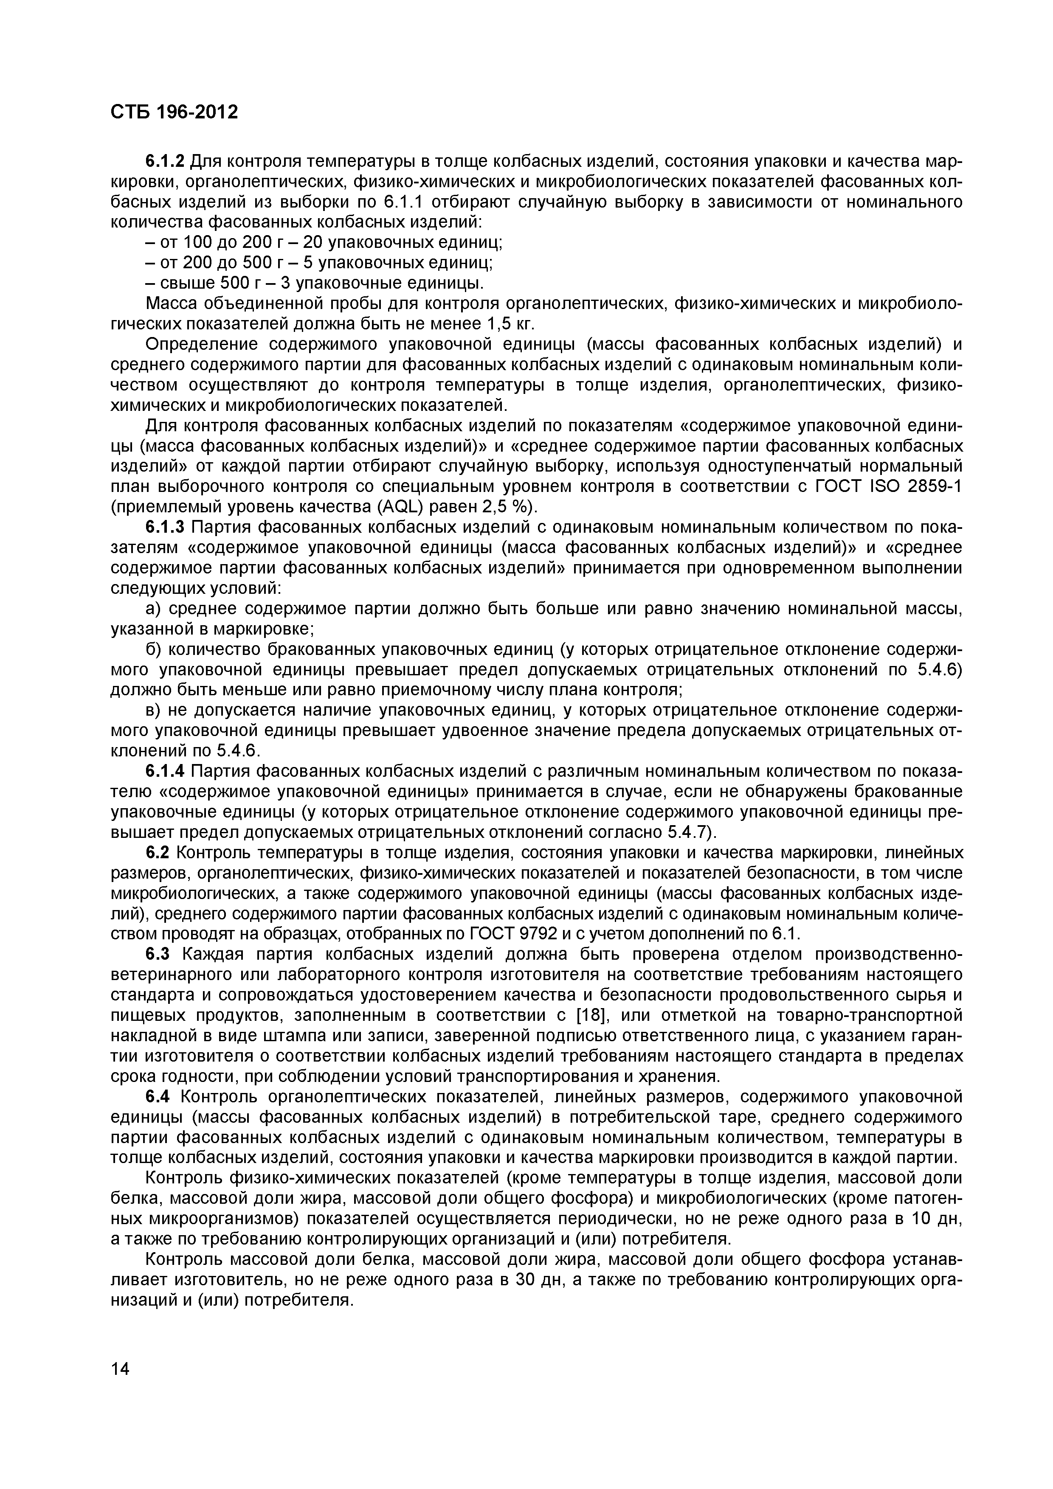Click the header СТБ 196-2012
point(175,112)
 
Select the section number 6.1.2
point(166,161)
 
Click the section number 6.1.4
point(166,771)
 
